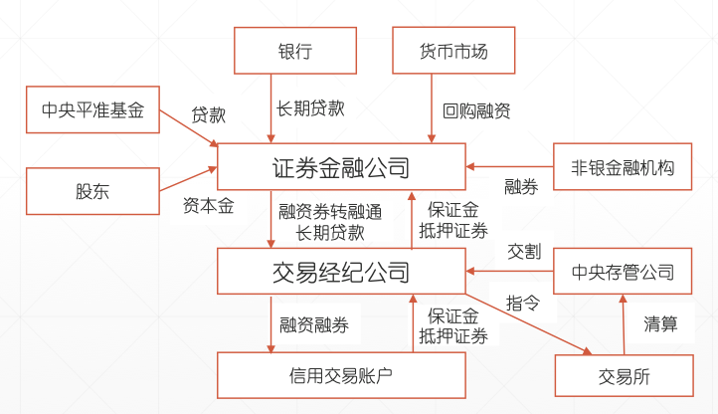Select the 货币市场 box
(x=453, y=51)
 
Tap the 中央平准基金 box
(x=91, y=110)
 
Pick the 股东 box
(x=91, y=191)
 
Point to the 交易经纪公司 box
(x=341, y=270)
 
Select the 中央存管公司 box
(x=622, y=271)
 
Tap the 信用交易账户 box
(x=341, y=375)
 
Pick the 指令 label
(x=524, y=303)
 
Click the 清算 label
(x=660, y=323)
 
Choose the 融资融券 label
(x=314, y=324)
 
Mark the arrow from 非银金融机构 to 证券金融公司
(x=509, y=166)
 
